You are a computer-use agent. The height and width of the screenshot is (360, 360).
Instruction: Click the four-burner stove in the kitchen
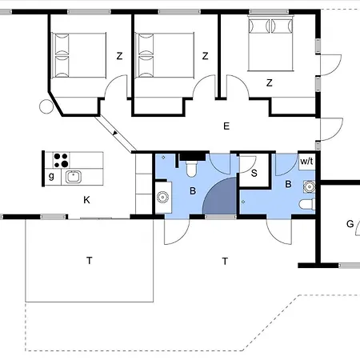click(61, 159)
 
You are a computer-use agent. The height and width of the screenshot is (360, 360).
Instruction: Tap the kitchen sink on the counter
click(73, 177)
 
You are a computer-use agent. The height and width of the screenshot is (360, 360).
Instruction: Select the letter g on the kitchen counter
click(51, 176)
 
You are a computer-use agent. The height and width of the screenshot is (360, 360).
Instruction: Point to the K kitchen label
click(86, 202)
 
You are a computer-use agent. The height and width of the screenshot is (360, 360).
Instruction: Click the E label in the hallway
click(226, 126)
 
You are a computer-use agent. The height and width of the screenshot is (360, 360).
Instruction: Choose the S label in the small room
click(254, 172)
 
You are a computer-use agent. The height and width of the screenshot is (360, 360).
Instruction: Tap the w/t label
click(306, 162)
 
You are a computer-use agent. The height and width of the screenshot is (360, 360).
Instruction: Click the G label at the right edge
click(350, 223)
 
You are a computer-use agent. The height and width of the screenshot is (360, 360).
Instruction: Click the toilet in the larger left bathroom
click(191, 170)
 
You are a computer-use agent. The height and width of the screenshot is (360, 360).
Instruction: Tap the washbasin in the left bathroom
click(162, 196)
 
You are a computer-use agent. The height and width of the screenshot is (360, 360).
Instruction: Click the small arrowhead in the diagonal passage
click(115, 134)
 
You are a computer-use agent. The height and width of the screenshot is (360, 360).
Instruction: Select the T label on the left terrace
click(90, 259)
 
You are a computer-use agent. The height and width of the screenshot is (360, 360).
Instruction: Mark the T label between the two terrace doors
click(226, 261)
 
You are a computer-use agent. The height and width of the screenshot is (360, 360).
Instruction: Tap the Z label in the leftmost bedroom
click(119, 56)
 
